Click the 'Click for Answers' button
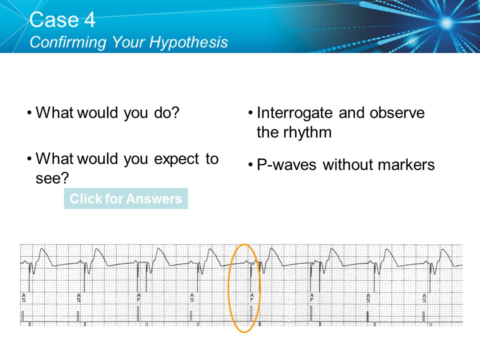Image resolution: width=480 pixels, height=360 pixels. click(x=125, y=198)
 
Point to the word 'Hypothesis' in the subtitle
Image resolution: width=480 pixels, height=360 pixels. click(x=189, y=42)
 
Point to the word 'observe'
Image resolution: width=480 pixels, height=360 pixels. click(x=397, y=113)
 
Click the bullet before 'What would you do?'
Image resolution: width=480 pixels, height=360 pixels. click(x=30, y=113)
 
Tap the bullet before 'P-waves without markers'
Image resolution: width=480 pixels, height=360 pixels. click(x=250, y=164)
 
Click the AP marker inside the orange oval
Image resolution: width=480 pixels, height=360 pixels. click(x=251, y=297)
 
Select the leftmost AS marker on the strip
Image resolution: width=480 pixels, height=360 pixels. click(x=23, y=298)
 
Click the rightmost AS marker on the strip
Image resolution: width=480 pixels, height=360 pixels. click(x=424, y=298)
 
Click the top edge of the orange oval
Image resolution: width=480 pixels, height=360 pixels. click(x=244, y=244)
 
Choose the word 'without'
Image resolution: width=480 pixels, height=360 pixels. click(x=346, y=164)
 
